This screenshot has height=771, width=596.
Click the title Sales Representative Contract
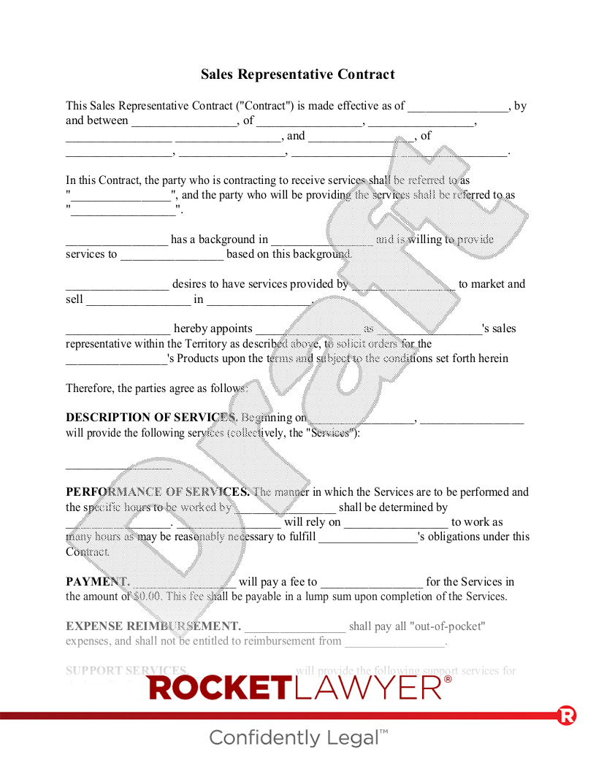(297, 74)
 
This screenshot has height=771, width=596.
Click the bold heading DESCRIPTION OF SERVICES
(151, 418)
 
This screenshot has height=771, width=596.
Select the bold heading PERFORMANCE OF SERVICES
(157, 492)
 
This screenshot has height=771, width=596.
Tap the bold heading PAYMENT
(97, 582)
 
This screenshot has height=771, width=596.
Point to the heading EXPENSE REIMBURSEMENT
(153, 626)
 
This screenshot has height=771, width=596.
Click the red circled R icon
(567, 716)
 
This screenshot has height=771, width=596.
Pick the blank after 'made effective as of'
(458, 107)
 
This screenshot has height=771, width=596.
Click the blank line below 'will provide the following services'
(118, 464)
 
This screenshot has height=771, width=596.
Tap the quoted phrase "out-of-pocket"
(448, 626)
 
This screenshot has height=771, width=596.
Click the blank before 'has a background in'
(117, 240)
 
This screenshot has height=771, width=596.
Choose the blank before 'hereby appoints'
(118, 329)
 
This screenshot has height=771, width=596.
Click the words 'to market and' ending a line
(492, 285)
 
